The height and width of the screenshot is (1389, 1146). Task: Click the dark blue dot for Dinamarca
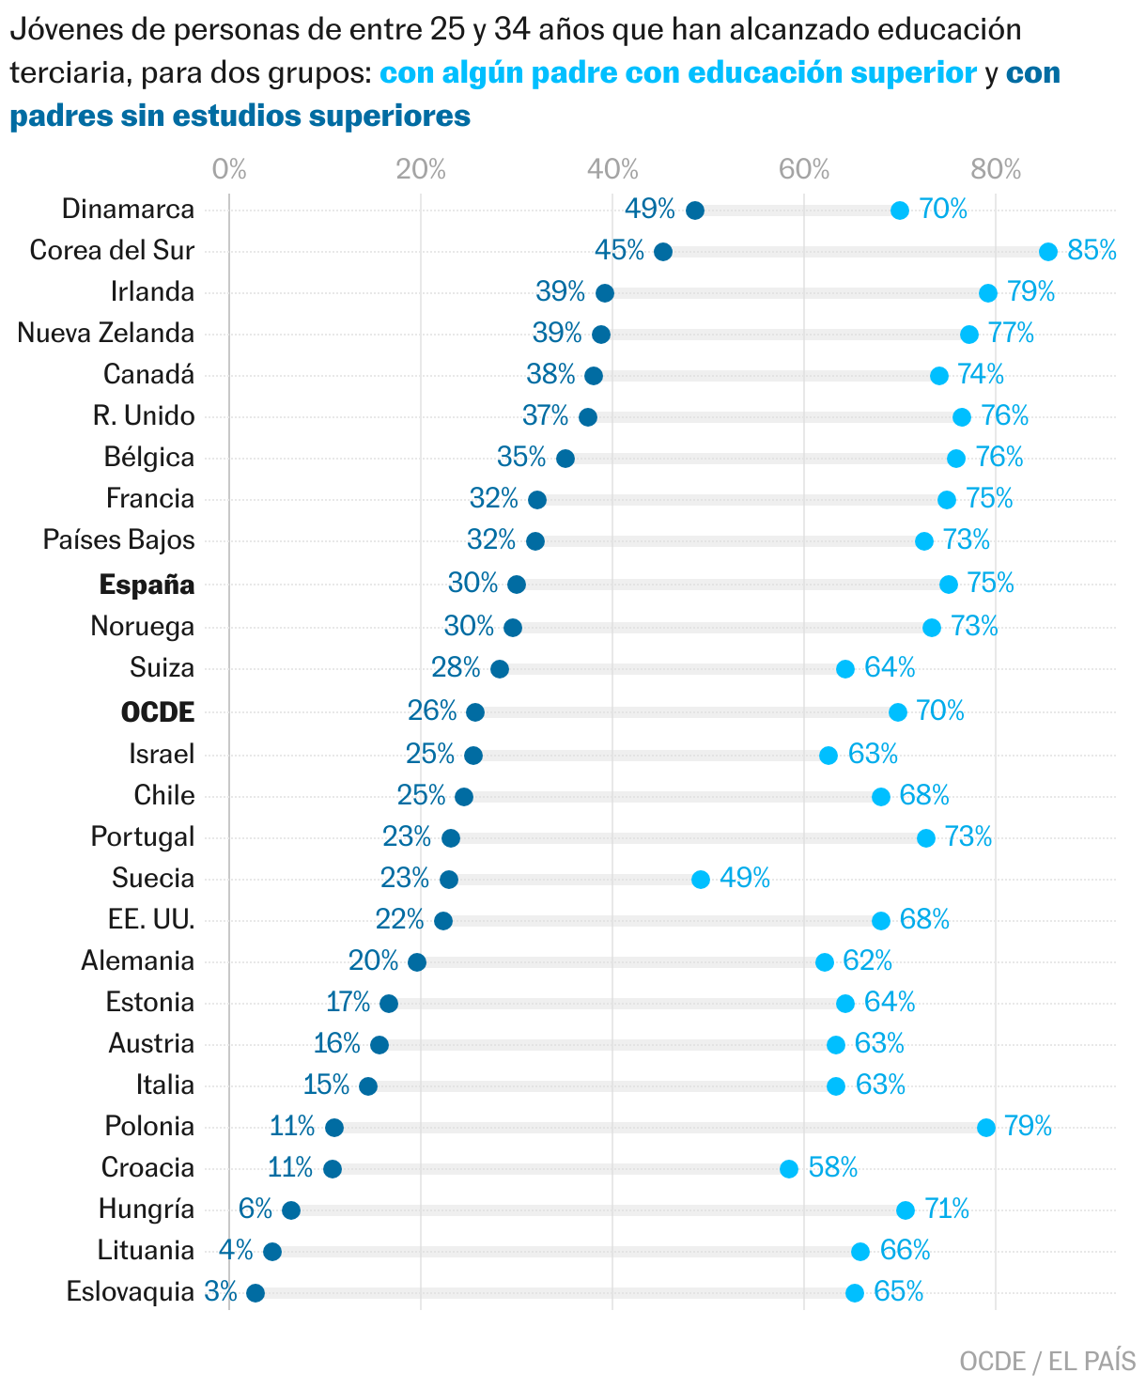tap(695, 211)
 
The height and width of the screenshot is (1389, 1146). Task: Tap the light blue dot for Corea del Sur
tap(1048, 252)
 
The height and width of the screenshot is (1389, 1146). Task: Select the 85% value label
tap(1092, 251)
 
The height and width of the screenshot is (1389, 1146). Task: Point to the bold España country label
tap(147, 585)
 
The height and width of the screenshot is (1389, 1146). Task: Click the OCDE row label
tap(158, 712)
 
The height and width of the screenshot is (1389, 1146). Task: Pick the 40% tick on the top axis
tap(612, 169)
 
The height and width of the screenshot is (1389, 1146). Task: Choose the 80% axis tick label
tap(996, 169)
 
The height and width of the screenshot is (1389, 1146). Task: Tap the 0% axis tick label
tap(229, 169)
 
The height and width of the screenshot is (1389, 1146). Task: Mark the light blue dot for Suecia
tap(701, 880)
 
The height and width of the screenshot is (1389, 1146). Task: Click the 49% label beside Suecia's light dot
tap(745, 878)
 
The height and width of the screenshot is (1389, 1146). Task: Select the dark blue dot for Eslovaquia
tap(256, 1293)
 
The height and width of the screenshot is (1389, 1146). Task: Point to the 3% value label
tap(221, 1292)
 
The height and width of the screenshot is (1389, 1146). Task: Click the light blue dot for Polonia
tap(986, 1128)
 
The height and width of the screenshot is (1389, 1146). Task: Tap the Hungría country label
tap(147, 1210)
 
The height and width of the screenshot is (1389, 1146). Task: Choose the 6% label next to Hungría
tap(255, 1209)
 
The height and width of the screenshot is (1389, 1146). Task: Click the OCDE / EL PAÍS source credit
tap(1047, 1362)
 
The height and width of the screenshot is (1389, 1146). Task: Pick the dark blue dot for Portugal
tap(451, 838)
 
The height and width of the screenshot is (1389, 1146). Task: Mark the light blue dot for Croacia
tap(789, 1169)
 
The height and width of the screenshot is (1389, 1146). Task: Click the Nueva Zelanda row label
tap(106, 334)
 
